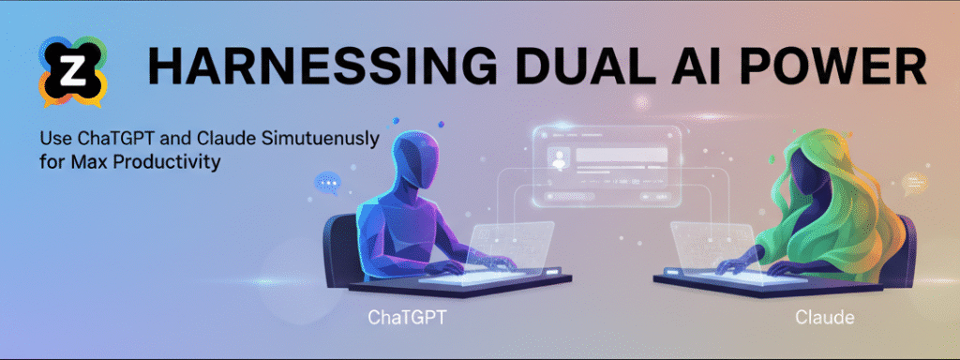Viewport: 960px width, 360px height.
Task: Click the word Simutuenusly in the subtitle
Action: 322,138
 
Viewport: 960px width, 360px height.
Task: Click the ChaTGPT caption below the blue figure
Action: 407,318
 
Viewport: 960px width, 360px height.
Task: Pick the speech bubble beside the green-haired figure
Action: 914,183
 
